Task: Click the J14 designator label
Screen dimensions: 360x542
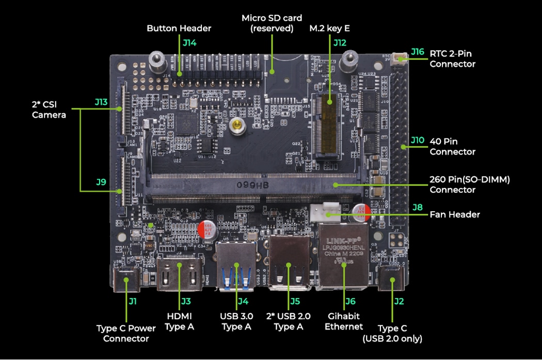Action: [x=189, y=43]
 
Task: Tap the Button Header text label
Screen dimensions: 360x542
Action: [x=179, y=28]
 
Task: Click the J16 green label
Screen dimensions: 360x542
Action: [x=417, y=52]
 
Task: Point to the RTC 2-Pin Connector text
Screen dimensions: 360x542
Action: [x=452, y=59]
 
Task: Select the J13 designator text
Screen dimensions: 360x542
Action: [x=101, y=102]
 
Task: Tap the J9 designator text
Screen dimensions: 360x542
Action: [x=101, y=182]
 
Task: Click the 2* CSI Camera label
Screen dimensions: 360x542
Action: [x=49, y=109]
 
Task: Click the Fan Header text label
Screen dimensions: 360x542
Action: [x=455, y=214]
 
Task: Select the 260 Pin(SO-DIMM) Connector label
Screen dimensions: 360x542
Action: [x=469, y=184]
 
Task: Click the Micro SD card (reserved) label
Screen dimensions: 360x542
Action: [x=272, y=23]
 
